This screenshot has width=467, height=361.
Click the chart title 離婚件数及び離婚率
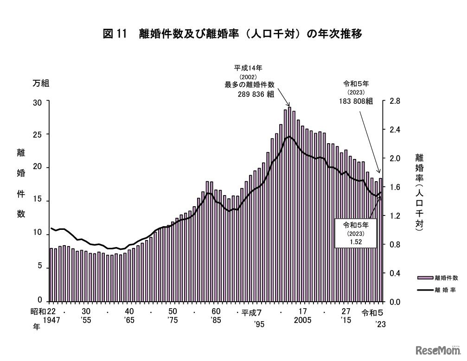232,34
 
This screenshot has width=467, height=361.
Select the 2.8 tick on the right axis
396,101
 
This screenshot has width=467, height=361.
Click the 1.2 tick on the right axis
396,216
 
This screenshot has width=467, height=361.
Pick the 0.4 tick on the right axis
396,273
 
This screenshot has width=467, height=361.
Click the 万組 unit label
40,84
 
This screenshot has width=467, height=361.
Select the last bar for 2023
381,240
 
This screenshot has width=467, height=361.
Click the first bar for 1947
51,274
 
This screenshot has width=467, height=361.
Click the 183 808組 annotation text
356,101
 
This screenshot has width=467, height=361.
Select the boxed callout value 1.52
356,241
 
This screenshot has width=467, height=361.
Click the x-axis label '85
215,320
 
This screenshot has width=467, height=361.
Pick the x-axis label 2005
303,320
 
